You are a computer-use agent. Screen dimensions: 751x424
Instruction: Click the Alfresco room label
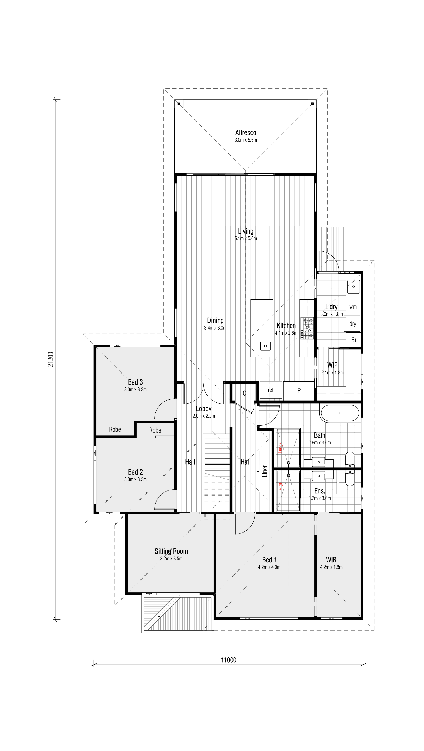(x=246, y=133)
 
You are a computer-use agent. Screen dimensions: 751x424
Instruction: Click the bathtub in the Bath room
(x=340, y=413)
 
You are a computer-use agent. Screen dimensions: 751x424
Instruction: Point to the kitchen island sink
(x=265, y=346)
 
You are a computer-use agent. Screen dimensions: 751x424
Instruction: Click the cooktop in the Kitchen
(x=308, y=328)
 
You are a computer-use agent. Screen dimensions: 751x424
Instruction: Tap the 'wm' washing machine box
(x=353, y=307)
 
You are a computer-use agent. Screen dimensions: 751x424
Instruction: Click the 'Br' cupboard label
(x=354, y=340)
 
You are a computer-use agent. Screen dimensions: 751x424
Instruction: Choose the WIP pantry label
(x=332, y=365)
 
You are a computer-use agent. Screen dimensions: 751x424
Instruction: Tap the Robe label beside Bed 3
(x=115, y=429)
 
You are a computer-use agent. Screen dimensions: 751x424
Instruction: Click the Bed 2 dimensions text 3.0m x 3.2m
(x=135, y=479)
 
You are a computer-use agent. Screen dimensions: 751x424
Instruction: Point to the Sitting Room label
(x=171, y=551)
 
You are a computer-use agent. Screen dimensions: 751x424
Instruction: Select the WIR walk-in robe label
(x=331, y=560)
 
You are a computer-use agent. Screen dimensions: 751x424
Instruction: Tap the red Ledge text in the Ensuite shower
(x=280, y=487)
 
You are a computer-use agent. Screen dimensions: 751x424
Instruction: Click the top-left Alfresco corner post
(x=179, y=104)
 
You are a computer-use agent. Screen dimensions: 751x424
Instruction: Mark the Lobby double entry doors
(x=204, y=394)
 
